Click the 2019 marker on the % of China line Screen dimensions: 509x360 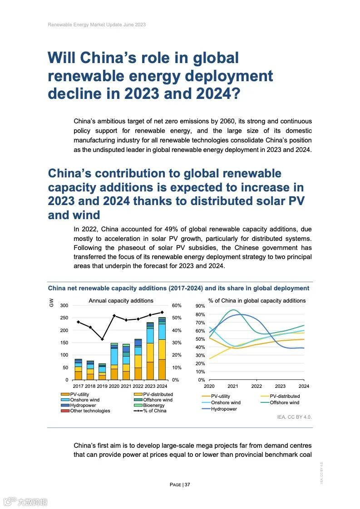click(x=102, y=339)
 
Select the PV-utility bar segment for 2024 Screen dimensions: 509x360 click(x=162, y=369)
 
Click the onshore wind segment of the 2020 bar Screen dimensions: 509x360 click(x=114, y=357)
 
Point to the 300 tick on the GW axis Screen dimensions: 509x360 click(x=64, y=305)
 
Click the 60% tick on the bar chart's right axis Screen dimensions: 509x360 click(x=177, y=305)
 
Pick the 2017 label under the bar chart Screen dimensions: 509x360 click(x=79, y=386)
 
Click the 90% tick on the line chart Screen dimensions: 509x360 click(x=201, y=306)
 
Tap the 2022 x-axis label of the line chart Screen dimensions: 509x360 click(x=256, y=386)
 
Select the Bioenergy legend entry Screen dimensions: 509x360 click(x=153, y=405)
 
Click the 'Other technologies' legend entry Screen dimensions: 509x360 click(x=89, y=411)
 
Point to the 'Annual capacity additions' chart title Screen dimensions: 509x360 click(x=121, y=300)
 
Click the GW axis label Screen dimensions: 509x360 click(x=51, y=302)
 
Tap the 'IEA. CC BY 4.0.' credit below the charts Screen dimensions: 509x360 click(x=294, y=416)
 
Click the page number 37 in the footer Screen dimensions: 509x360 click(x=187, y=485)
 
